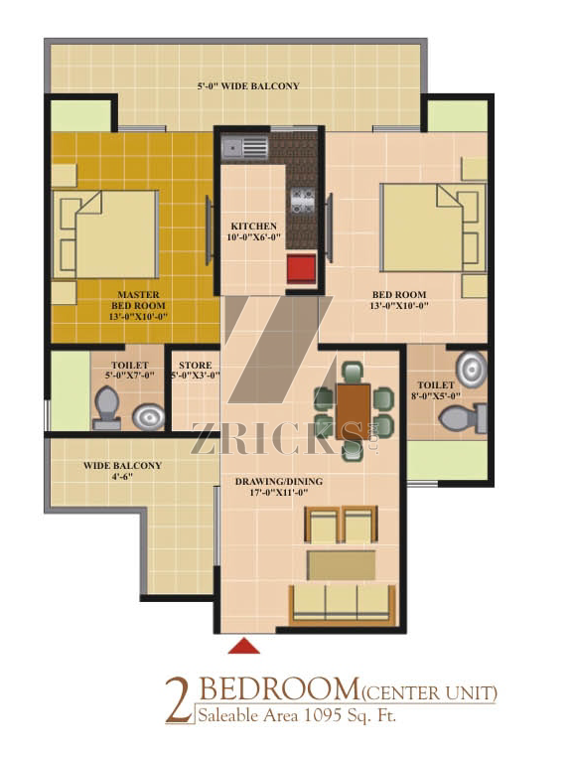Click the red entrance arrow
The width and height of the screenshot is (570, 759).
point(244,646)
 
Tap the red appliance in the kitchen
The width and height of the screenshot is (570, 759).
point(302,269)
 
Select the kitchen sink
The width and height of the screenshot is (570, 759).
point(244,147)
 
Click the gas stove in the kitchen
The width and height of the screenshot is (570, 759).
point(303,201)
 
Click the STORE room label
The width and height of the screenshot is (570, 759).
point(195,366)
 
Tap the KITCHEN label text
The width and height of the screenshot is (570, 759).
point(253,227)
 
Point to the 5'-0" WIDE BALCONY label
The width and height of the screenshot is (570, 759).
point(248,86)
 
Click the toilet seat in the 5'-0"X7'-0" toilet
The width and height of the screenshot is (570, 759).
point(107,408)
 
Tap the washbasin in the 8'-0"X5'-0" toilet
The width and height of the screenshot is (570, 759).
point(472,369)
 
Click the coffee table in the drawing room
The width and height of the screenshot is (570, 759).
point(342,565)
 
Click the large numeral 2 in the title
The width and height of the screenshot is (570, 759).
point(180,700)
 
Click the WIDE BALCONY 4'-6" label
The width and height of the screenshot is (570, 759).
point(122,471)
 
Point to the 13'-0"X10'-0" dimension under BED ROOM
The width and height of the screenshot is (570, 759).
point(399,305)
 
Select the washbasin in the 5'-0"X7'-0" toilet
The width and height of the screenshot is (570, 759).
point(148,417)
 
